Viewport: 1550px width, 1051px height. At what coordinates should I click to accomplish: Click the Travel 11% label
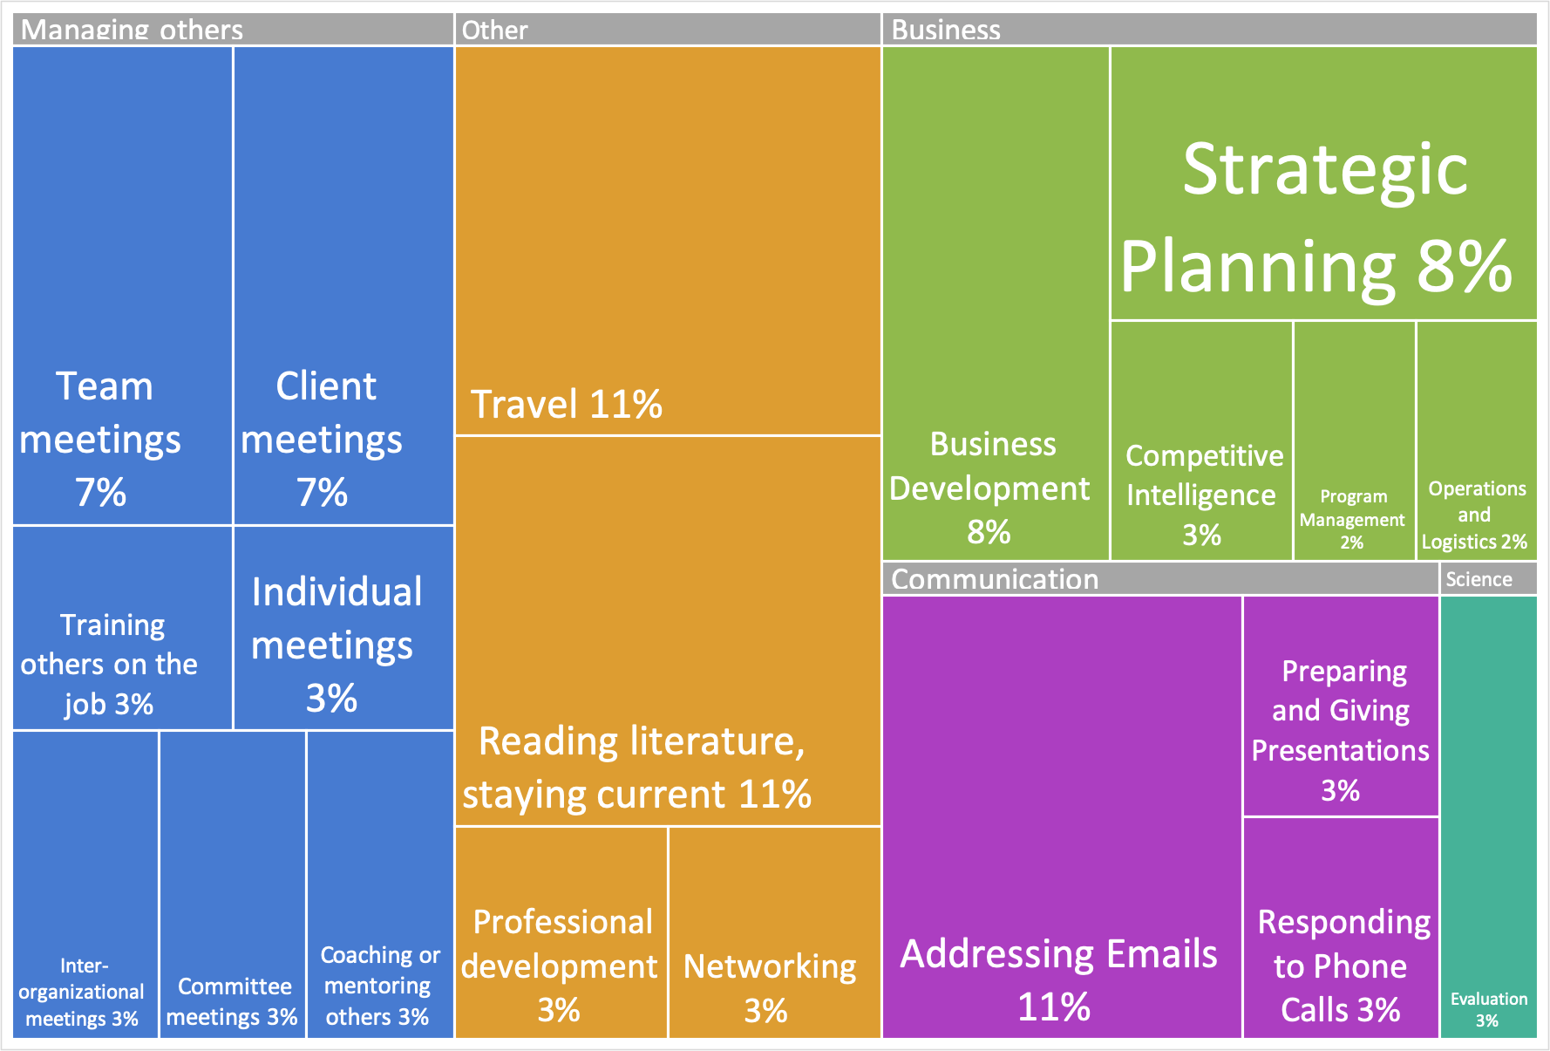click(x=567, y=405)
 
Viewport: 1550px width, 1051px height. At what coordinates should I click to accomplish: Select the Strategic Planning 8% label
click(x=1316, y=218)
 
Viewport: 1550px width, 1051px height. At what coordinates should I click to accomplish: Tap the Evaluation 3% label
click(x=1488, y=1009)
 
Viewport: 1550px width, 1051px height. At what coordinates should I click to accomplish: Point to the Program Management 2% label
click(x=1352, y=519)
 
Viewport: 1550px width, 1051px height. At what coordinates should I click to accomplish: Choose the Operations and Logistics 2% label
click(x=1475, y=515)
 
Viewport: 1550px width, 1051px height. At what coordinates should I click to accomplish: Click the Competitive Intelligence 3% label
click(x=1203, y=495)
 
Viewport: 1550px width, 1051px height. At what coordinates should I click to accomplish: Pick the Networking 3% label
click(x=769, y=988)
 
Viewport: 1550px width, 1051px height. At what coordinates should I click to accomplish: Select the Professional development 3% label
click(x=559, y=966)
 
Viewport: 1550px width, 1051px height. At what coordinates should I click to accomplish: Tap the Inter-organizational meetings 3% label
click(x=82, y=992)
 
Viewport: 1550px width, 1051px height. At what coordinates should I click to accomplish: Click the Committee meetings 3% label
click(x=233, y=1001)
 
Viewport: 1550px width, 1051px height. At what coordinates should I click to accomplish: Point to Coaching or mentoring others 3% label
click(x=379, y=986)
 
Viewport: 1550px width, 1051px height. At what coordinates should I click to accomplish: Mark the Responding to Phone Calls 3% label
click(x=1343, y=966)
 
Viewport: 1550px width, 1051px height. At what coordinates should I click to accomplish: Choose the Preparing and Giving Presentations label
click(x=1341, y=711)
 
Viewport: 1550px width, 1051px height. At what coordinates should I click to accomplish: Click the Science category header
click(x=1479, y=579)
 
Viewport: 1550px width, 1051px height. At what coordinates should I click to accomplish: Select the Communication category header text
click(x=995, y=579)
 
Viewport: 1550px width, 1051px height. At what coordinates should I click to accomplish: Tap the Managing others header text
click(x=132, y=30)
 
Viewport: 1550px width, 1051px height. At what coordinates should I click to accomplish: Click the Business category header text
click(x=946, y=30)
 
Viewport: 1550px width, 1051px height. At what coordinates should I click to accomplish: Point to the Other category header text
click(x=494, y=30)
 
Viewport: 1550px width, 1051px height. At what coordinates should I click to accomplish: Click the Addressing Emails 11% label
click(x=1058, y=979)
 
